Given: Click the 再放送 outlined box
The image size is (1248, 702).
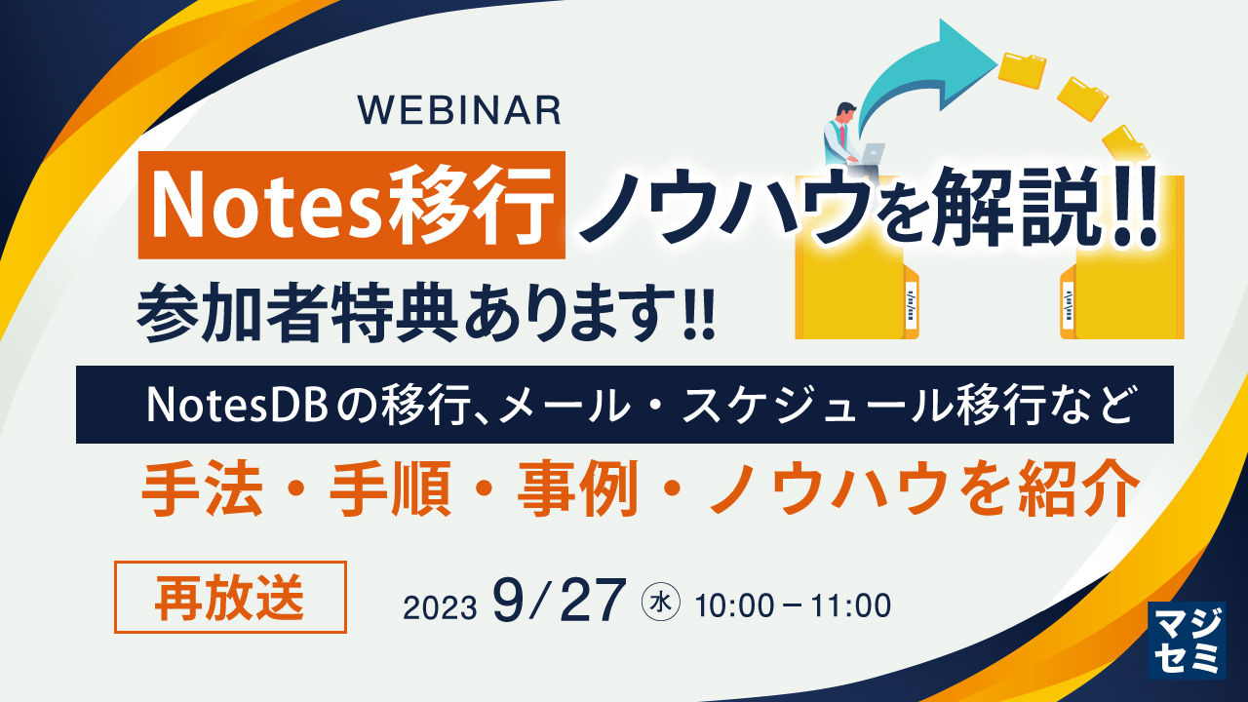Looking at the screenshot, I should (230, 598).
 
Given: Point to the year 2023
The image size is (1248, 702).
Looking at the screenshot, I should (440, 607).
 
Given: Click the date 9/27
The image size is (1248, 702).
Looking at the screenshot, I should (559, 602).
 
